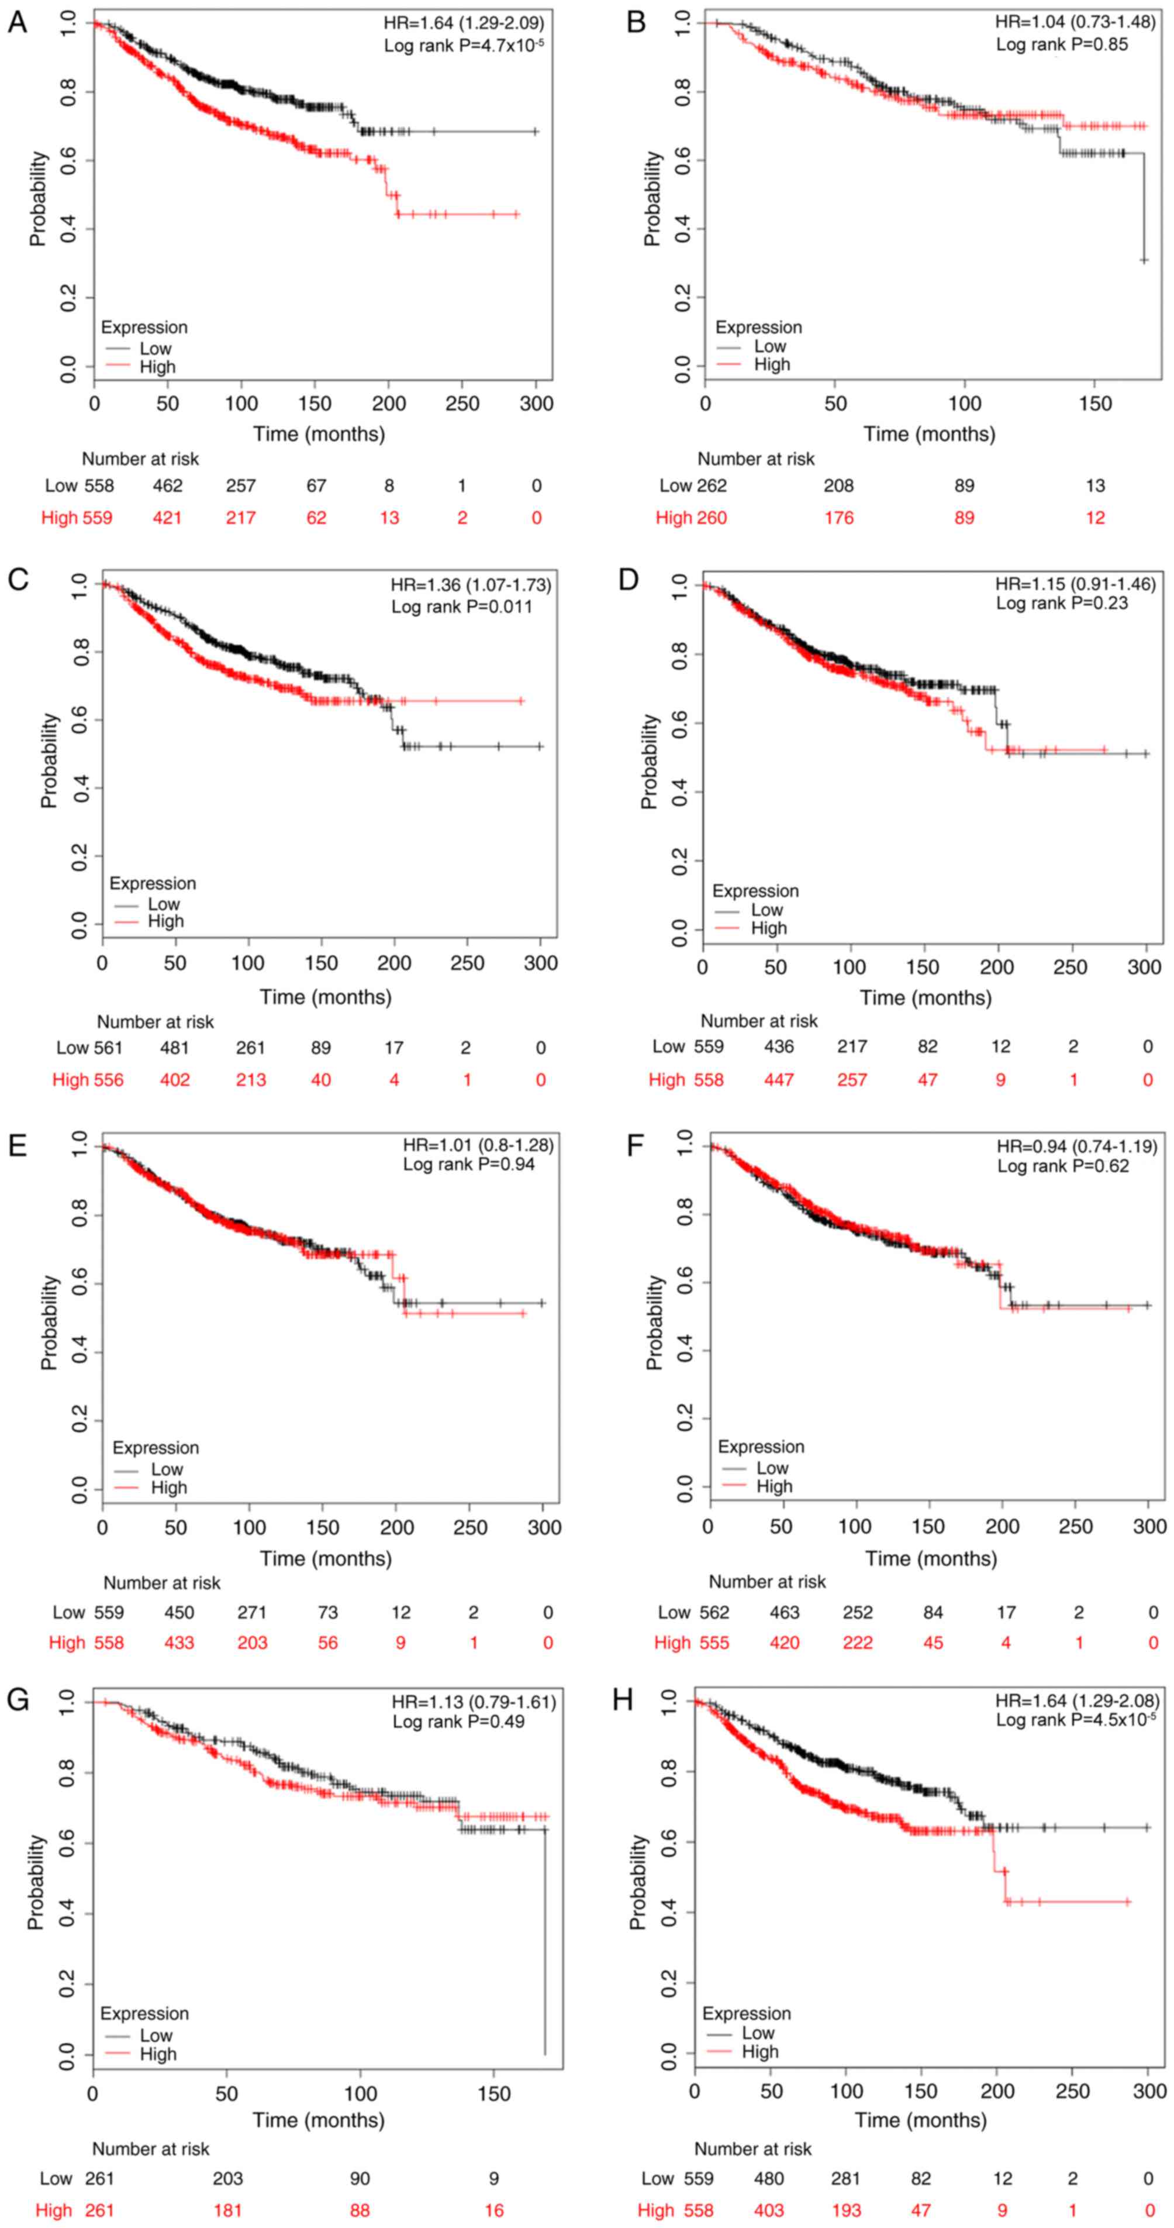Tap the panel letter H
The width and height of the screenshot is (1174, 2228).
coord(623,1700)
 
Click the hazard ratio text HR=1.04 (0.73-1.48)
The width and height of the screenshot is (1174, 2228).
coord(1075,22)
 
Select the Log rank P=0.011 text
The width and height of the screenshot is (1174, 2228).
coord(462,607)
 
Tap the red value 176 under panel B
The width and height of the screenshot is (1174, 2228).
coord(838,518)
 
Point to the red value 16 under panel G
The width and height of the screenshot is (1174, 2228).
coord(493,2210)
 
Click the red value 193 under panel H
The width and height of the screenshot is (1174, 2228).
coord(845,2210)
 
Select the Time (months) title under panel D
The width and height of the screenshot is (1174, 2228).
coord(925,997)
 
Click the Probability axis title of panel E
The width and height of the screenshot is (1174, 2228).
coord(49,1321)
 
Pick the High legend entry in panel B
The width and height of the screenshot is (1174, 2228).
coord(771,364)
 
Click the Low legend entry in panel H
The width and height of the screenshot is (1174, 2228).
coord(757,2033)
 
